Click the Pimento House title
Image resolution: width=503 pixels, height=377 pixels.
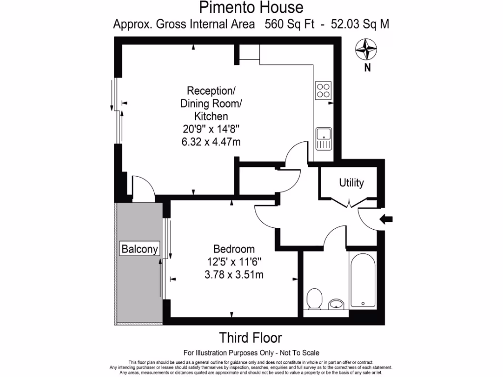click(251, 7)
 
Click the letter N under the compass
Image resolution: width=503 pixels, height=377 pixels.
click(366, 68)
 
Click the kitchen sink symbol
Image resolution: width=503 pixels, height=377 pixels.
click(324, 138)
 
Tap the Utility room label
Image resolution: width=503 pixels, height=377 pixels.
click(352, 183)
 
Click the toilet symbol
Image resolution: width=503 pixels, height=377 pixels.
click(314, 299)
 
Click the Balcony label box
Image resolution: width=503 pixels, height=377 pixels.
click(140, 249)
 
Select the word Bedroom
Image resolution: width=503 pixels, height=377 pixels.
click(234, 249)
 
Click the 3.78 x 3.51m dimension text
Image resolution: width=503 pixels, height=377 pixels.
click(234, 274)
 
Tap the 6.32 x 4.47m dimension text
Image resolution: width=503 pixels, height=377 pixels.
click(211, 142)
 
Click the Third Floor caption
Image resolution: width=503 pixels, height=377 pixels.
click(251, 338)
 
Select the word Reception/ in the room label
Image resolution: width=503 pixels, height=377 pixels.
click(211, 91)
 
